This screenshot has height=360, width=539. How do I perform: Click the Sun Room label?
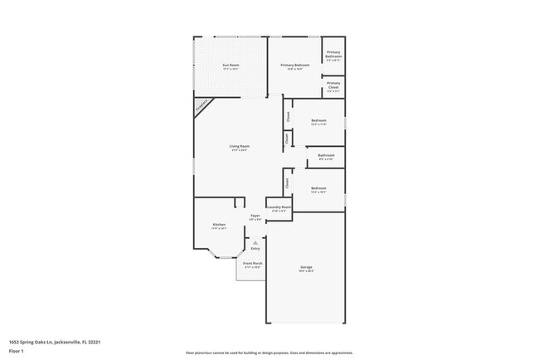[231, 66]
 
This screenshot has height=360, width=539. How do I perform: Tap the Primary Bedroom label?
[294, 66]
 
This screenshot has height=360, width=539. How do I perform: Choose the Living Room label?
[240, 147]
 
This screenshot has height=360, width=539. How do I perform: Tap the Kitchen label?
[219, 225]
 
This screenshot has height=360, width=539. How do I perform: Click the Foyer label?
[255, 216]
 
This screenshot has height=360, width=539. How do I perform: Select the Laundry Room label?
[279, 207]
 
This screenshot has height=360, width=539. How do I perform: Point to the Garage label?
[306, 267]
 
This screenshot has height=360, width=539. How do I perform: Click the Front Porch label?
[253, 264]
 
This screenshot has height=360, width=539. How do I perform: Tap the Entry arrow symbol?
[255, 242]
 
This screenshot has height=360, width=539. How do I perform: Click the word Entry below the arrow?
[255, 249]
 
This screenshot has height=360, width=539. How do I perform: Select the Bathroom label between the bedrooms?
[326, 155]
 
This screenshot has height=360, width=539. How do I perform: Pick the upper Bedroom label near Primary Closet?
[318, 121]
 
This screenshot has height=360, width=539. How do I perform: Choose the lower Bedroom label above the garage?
[318, 189]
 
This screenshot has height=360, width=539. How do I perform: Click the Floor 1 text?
[17, 351]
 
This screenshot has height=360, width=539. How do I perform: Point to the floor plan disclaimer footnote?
[269, 353]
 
